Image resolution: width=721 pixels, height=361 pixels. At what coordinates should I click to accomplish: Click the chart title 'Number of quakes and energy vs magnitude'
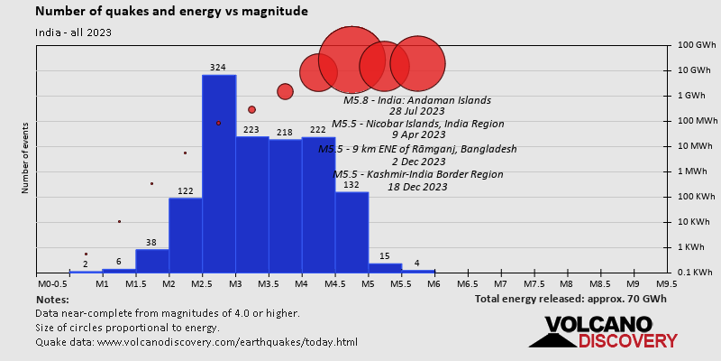click(171, 12)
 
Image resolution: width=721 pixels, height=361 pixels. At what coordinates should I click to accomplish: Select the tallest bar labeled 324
click(219, 171)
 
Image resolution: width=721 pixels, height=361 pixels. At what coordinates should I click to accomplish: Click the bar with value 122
click(186, 235)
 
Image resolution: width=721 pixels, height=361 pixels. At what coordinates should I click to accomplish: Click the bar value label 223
click(251, 130)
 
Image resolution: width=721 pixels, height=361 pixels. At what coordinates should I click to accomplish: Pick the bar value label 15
click(385, 256)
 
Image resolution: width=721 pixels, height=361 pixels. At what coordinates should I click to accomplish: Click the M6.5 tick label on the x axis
click(469, 283)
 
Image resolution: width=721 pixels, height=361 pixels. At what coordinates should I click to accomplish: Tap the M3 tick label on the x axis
click(235, 283)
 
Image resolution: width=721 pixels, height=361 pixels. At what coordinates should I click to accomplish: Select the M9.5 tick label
click(667, 283)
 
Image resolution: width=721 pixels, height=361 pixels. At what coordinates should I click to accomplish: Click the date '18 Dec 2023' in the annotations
click(417, 187)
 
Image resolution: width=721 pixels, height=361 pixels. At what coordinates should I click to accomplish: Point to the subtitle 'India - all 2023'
click(74, 32)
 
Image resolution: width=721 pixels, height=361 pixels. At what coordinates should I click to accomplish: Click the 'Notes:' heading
click(52, 299)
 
